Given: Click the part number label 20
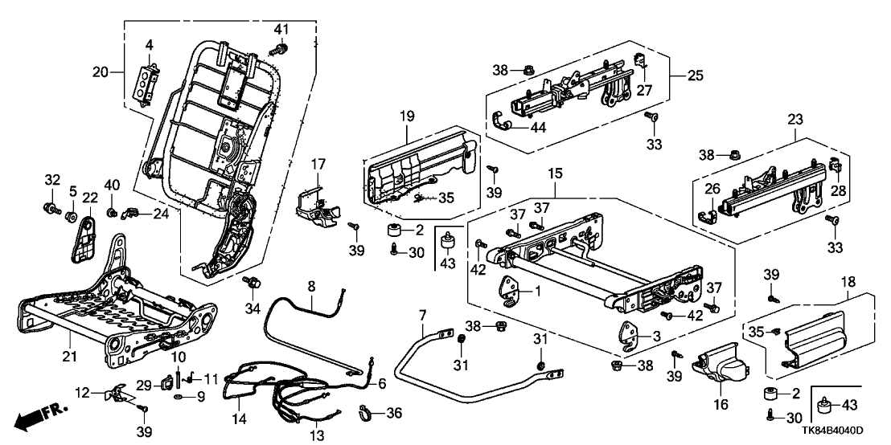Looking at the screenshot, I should (100, 71).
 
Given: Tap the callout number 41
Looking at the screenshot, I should (281, 30).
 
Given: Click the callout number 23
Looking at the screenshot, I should (795, 118).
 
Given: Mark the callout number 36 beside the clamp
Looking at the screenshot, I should (392, 413).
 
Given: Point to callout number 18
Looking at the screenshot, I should (844, 283).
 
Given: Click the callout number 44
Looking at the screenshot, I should (536, 127).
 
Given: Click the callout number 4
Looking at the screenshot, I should (149, 43).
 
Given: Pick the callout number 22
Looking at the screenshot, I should (89, 198).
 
